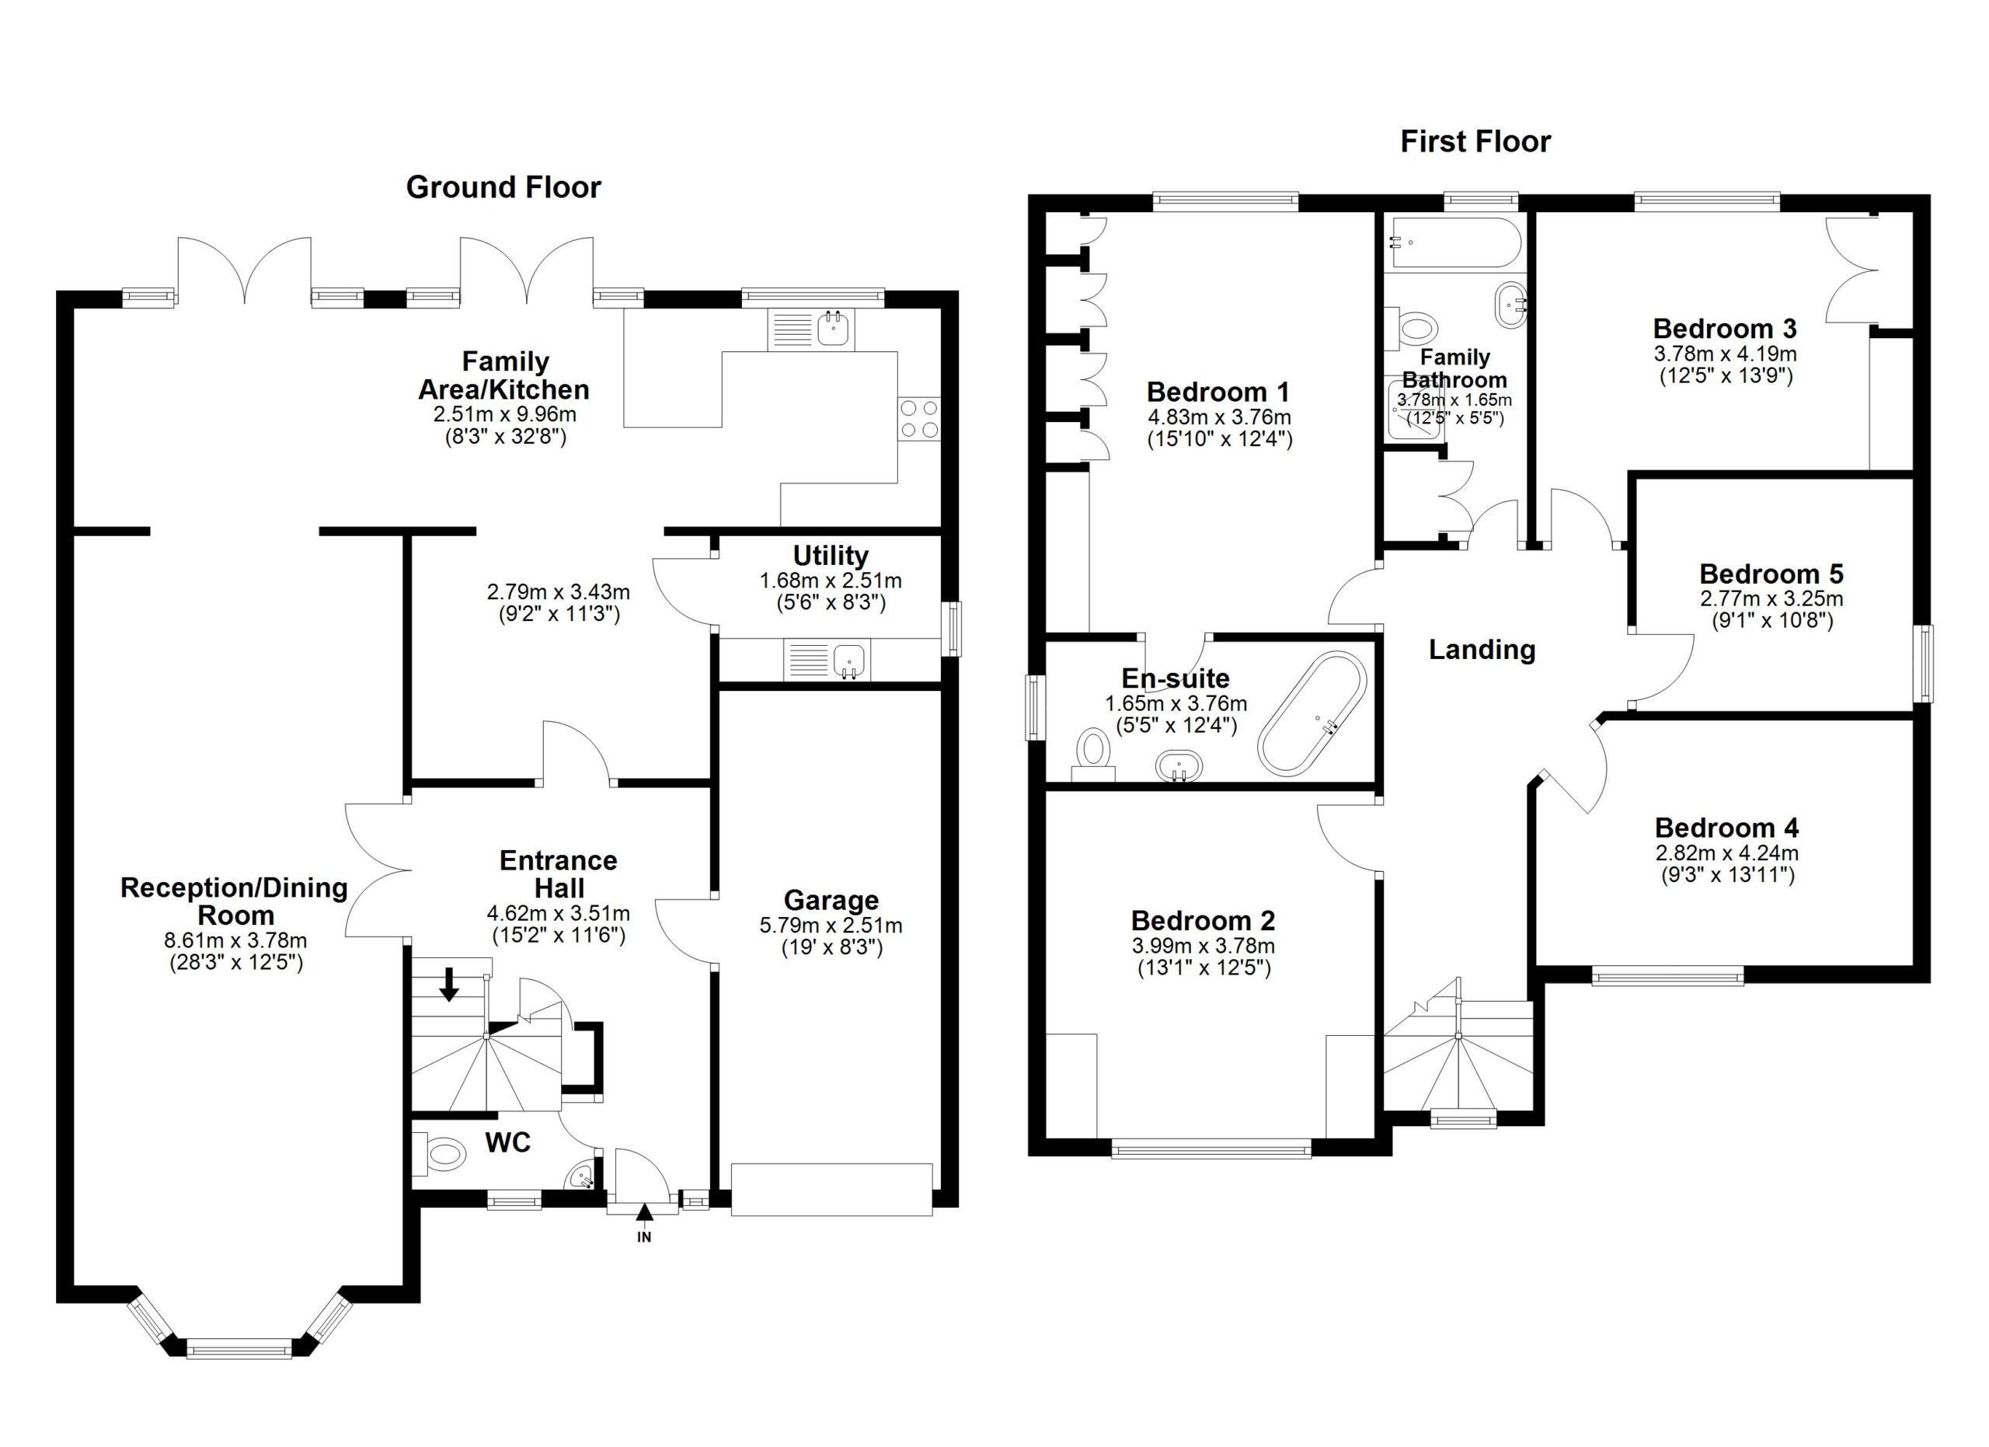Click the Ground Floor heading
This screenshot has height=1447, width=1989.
click(503, 187)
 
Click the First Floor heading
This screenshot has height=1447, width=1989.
click(1475, 142)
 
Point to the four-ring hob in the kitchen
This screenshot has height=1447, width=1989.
click(919, 418)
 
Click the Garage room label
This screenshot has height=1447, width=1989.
click(831, 901)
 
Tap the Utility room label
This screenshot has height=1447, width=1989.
click(831, 556)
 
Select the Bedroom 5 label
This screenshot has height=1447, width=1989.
click(1771, 574)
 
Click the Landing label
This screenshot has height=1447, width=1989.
click(1482, 650)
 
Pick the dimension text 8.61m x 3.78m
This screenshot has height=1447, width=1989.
click(236, 941)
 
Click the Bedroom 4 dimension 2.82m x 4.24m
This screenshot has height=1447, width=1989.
click(1727, 853)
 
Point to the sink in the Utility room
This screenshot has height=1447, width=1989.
click(826, 661)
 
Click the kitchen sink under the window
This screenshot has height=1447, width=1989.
click(811, 329)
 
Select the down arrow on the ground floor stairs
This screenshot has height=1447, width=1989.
click(449, 983)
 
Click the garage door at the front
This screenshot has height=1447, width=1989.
click(831, 1189)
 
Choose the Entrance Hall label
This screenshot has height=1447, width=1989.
click(559, 874)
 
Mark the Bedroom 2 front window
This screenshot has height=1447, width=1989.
click(1211, 1149)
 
